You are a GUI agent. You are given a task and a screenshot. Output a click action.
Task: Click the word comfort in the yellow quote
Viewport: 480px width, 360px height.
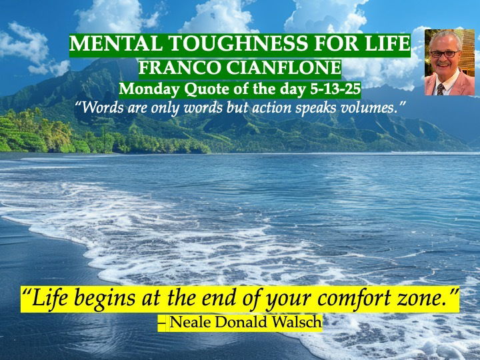[353, 297]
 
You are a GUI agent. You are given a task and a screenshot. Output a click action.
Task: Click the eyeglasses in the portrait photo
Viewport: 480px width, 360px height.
[444, 54]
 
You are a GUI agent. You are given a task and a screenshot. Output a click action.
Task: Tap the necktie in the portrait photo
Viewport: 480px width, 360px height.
[441, 89]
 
